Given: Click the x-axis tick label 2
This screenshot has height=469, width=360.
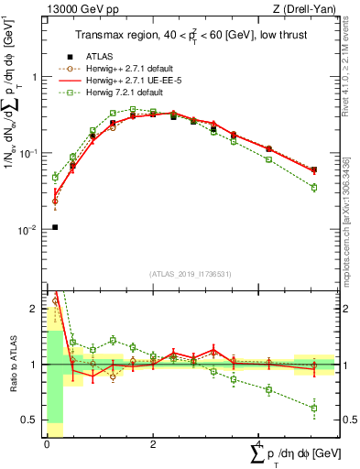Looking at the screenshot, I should pos(152,444).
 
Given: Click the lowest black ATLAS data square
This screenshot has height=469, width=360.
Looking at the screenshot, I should pos(55,227).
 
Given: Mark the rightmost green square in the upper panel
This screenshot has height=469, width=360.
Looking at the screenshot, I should pos(313,187).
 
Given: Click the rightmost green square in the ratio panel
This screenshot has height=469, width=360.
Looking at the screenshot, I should pos(313,409).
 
